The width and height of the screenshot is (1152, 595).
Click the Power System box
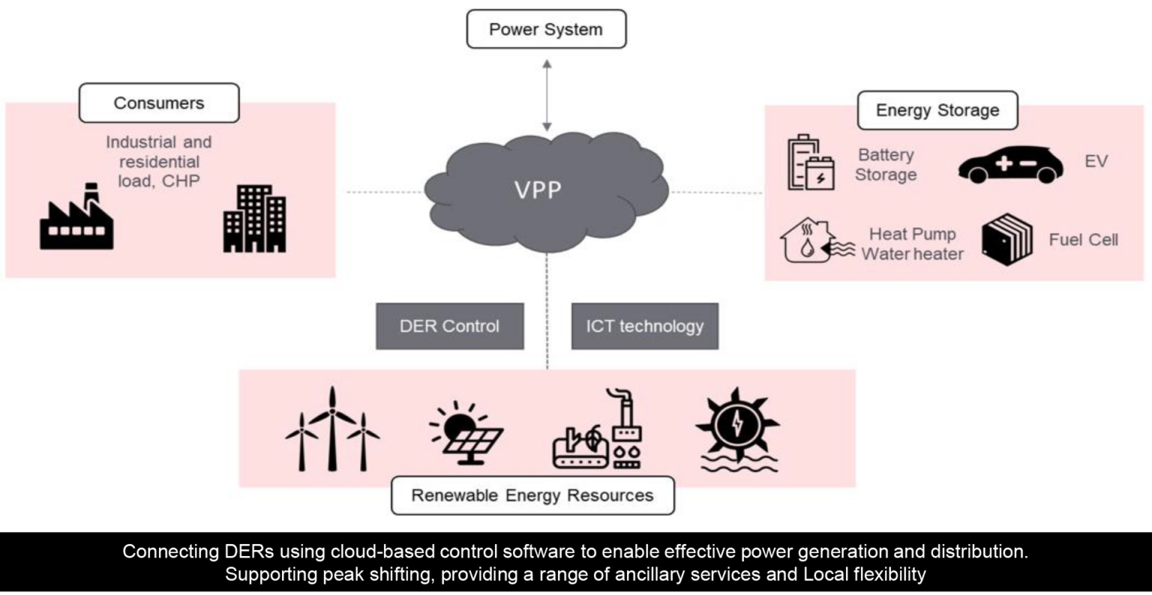click(546, 30)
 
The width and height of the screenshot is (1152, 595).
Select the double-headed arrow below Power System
click(547, 95)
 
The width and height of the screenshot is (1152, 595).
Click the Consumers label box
click(159, 103)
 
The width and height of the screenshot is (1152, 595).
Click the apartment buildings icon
click(254, 219)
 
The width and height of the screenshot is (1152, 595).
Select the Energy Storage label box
click(937, 111)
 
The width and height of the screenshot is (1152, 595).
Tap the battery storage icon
click(810, 163)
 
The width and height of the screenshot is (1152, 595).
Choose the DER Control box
click(449, 326)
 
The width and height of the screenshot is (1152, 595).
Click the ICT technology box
click(644, 326)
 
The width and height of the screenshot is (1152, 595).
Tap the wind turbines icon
click(332, 430)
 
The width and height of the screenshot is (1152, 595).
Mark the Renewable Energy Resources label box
click(532, 496)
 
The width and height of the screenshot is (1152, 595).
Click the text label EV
click(1096, 162)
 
